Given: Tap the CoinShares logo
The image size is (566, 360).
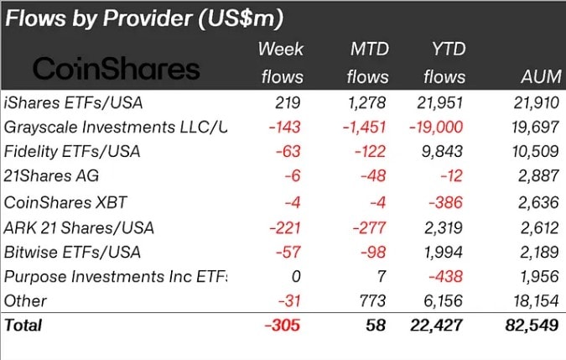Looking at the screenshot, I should [117, 69].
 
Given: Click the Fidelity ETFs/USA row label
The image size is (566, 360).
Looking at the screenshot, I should [71, 152].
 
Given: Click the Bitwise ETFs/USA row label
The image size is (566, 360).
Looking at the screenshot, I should [71, 252].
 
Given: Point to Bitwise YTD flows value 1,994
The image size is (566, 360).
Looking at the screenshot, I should [441, 252].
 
